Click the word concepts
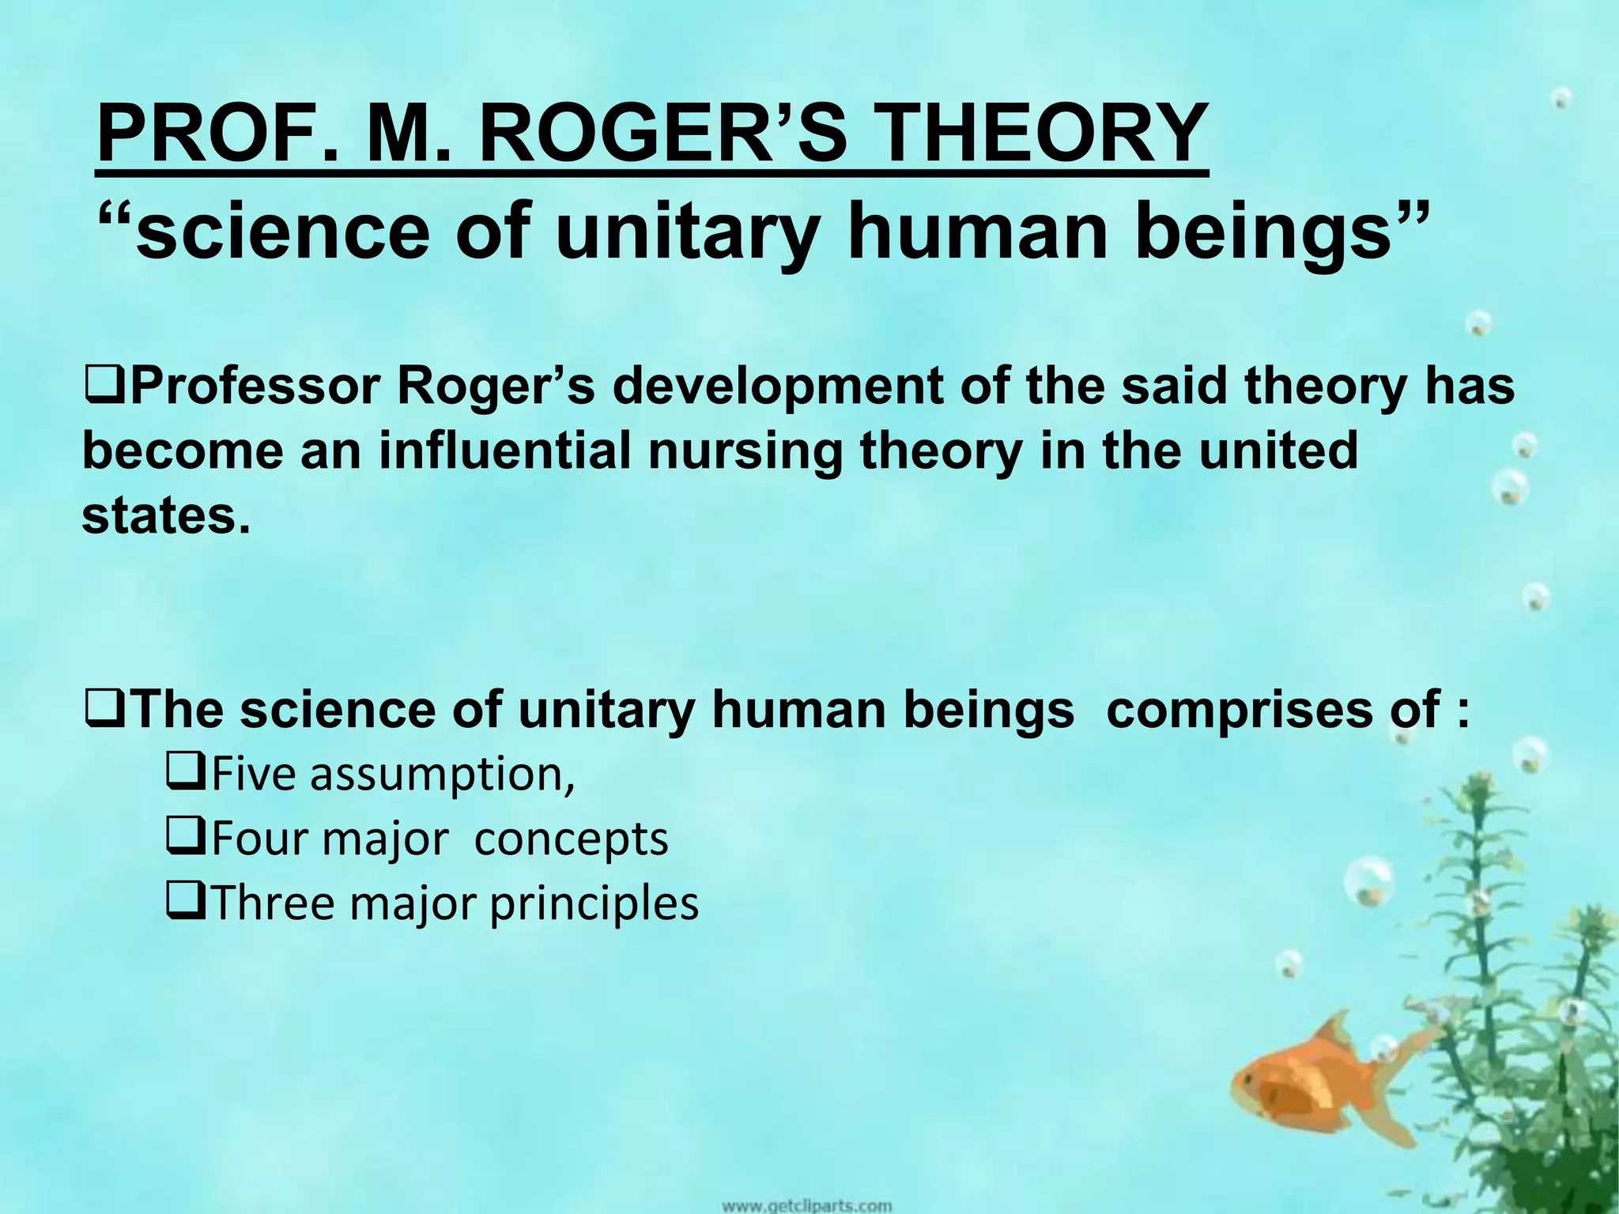[570, 839]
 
